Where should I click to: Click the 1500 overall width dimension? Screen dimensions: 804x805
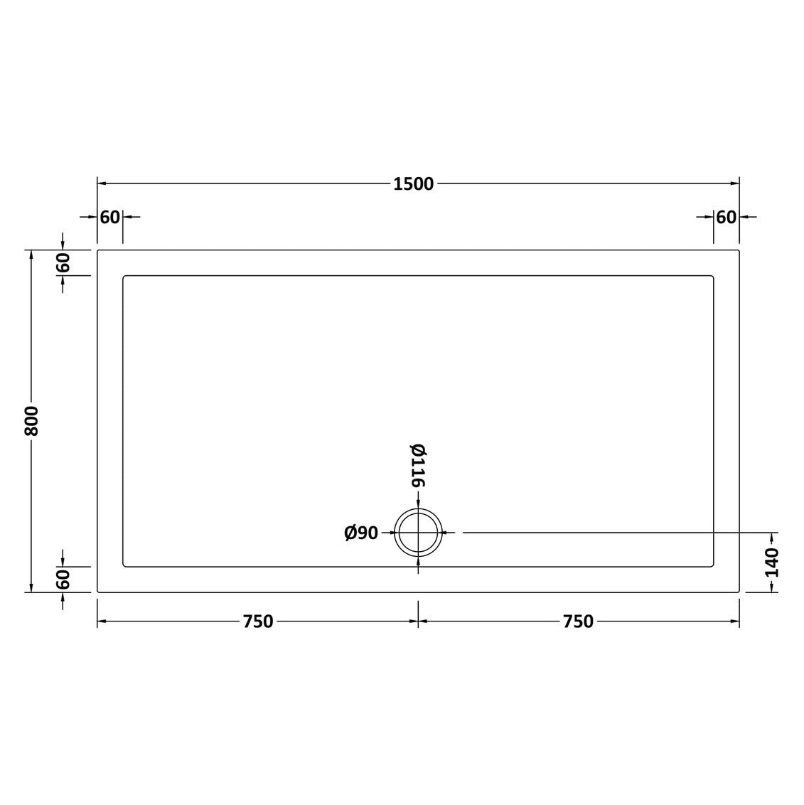[x=414, y=183]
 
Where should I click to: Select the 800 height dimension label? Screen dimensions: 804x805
[x=31, y=421]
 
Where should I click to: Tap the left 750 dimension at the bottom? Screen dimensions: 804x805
[x=258, y=622]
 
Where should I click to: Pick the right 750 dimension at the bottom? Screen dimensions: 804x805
[x=579, y=622]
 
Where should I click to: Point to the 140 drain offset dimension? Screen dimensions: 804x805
[x=772, y=563]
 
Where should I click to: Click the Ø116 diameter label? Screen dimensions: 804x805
[x=418, y=465]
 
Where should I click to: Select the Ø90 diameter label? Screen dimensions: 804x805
[x=361, y=533]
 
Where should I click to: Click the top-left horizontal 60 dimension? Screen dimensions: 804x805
[x=109, y=218]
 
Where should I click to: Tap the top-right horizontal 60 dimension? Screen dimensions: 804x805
[x=727, y=218]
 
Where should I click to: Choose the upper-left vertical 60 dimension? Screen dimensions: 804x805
[x=63, y=263]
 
